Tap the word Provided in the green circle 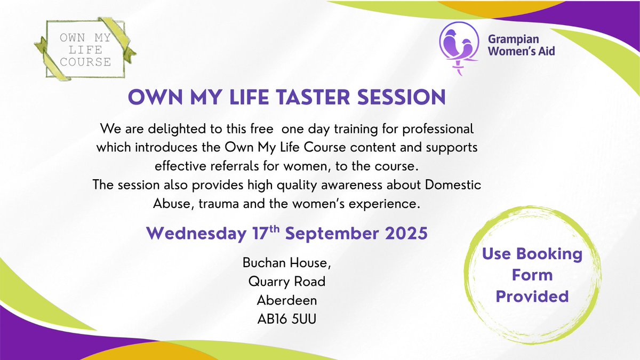coord(532,296)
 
